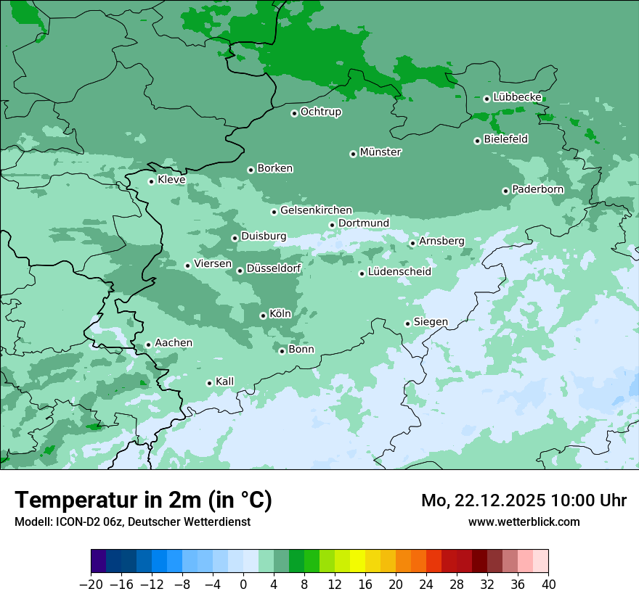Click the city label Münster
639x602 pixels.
tap(380, 152)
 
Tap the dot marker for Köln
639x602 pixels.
tap(263, 316)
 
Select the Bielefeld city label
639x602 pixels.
tap(506, 139)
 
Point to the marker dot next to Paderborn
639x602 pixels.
tap(505, 191)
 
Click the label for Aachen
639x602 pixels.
tap(174, 343)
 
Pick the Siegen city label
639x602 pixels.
tap(431, 322)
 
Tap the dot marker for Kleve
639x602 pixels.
tap(151, 181)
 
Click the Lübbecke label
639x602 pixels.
tap(518, 97)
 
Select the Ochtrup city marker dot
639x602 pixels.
tap(294, 113)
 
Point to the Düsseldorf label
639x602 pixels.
tap(274, 268)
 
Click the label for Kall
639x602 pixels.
tap(225, 382)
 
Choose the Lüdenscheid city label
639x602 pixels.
tap(399, 272)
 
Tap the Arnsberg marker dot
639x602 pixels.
tap(412, 243)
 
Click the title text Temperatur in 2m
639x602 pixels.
tap(144, 500)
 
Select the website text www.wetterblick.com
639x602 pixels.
tap(524, 521)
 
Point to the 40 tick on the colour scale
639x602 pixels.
tap(548, 584)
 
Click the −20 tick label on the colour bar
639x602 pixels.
tap(91, 584)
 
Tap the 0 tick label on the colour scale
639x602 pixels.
tap(243, 584)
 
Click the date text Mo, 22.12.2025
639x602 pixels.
tap(484, 500)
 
